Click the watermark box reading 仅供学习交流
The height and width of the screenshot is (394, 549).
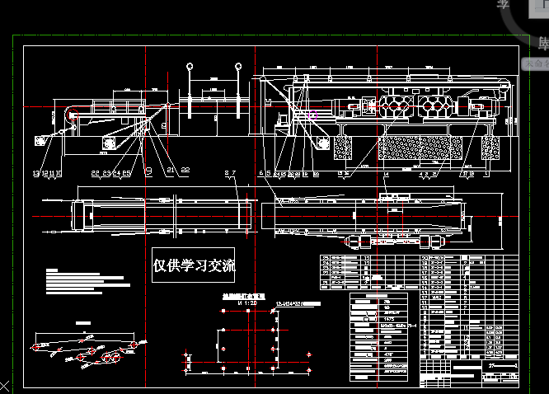pyautogui.click(x=194, y=265)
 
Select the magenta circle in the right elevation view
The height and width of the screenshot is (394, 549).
pyautogui.click(x=312, y=115)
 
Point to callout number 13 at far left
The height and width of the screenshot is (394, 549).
pyautogui.click(x=35, y=173)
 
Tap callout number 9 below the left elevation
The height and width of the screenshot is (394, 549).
pyautogui.click(x=148, y=171)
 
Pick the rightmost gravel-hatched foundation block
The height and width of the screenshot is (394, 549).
pyautogui.click(x=493, y=148)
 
